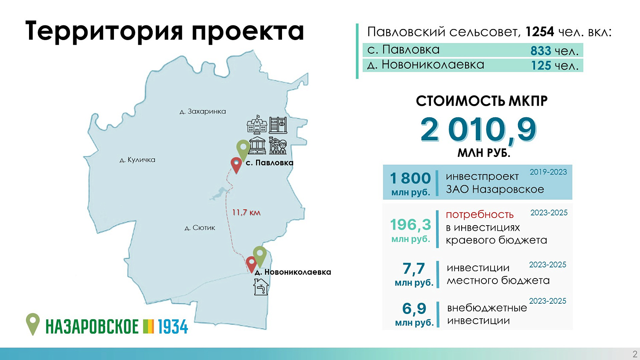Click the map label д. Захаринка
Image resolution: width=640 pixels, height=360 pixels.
tap(203, 111)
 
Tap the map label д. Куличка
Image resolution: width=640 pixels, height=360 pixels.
tap(137, 160)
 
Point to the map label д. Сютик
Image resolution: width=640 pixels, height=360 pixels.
tap(200, 228)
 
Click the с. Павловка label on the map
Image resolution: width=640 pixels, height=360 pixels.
tap(269, 163)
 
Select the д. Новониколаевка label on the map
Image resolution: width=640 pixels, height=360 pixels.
tap(293, 272)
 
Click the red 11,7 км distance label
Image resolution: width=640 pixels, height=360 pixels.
tap(246, 212)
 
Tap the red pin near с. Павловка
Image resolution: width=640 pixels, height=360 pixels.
tap(236, 165)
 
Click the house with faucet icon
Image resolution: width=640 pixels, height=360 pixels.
tap(261, 287)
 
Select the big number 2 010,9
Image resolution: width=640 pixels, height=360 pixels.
tap(478, 130)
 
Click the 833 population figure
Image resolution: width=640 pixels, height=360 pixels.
tap(541, 51)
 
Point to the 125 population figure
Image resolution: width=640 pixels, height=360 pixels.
tap(541, 66)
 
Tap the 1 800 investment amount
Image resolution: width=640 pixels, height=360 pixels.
tap(410, 178)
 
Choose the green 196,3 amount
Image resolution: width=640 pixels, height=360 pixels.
tap(410, 224)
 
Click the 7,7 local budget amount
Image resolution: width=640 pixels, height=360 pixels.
tap(414, 268)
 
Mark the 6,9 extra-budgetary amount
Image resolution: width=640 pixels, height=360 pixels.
tap(414, 308)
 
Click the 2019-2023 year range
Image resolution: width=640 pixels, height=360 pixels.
tap(548, 172)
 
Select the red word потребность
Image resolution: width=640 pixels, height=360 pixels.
tap(480, 215)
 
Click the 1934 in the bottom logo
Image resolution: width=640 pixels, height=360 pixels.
tap(173, 327)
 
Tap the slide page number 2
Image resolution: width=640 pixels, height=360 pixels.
tap(635, 354)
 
